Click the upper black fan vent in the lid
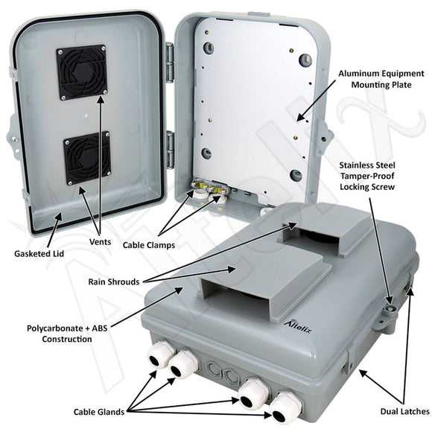click(x=81, y=72)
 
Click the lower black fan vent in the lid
click(x=88, y=158)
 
